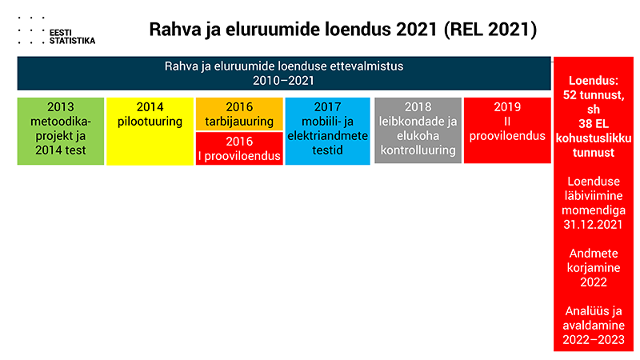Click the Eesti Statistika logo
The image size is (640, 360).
coord(56,31)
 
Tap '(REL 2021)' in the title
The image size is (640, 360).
coord(490,30)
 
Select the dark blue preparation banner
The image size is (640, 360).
coord(284,74)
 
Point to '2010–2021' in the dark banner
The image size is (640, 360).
coord(284,81)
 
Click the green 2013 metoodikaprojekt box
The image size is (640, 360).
coord(61,131)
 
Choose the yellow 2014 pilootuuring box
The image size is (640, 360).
coord(150,131)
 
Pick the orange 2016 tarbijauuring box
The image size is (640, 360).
coord(239,114)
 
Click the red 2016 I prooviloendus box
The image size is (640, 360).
coord(239,149)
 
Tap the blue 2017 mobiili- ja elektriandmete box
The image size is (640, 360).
coord(327,131)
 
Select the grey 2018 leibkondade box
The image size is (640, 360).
coord(418,130)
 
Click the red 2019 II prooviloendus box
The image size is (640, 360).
coord(507,130)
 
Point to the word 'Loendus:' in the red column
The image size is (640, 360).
coord(594,81)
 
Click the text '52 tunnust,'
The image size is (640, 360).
coord(594,95)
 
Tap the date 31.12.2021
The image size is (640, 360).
coord(593,225)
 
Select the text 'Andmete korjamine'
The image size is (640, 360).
coord(594,261)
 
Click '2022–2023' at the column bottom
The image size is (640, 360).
coord(594,339)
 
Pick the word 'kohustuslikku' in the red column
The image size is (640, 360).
coord(594,138)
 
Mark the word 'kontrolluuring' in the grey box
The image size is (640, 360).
coord(418,150)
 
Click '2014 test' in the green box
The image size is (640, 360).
coord(61,150)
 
